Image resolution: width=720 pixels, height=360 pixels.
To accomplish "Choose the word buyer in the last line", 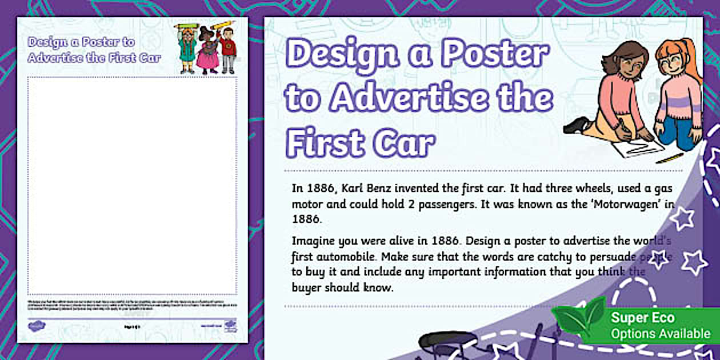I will (x=307, y=287).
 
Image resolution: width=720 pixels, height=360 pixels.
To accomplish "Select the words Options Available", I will (x=660, y=334).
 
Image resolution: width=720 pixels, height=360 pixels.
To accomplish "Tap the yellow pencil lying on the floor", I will (x=670, y=158).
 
